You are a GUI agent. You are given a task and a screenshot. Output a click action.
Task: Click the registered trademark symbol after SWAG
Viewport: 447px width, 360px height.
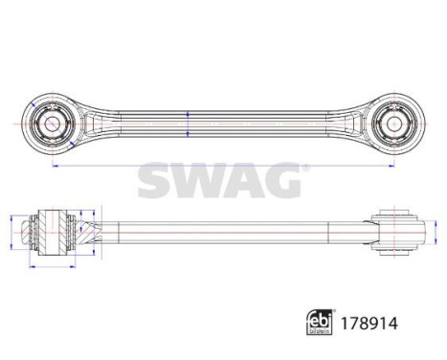[x=305, y=168]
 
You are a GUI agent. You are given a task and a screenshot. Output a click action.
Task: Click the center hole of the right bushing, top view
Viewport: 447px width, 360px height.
[x=392, y=124]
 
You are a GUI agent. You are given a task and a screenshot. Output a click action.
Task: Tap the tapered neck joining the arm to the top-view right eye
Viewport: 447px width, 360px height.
[x=359, y=124]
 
